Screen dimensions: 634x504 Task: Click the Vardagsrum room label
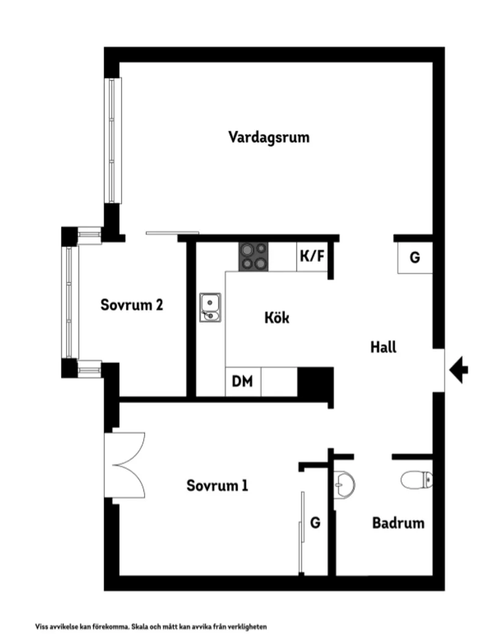click(269, 137)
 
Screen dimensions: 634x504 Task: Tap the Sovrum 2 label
click(131, 304)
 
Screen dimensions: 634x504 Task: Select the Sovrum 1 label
click(217, 486)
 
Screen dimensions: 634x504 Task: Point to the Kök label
click(277, 318)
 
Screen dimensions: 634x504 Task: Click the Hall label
click(383, 348)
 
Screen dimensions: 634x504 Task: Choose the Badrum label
click(398, 523)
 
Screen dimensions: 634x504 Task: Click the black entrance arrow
click(459, 370)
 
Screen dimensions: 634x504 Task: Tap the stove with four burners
click(254, 257)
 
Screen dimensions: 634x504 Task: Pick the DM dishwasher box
click(243, 382)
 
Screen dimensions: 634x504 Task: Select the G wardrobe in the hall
click(415, 258)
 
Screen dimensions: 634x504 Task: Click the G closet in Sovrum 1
click(315, 523)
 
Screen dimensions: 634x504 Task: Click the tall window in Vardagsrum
click(112, 140)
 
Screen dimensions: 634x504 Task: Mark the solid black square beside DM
click(315, 382)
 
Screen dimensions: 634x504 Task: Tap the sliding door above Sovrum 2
click(172, 233)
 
